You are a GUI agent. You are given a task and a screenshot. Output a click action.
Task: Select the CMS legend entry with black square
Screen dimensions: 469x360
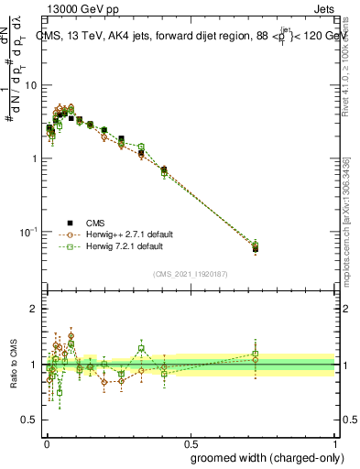click(95, 221)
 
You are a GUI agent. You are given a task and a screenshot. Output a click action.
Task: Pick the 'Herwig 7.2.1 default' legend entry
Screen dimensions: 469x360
click(124, 246)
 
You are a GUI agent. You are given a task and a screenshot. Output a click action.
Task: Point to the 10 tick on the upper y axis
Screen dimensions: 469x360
click(31, 85)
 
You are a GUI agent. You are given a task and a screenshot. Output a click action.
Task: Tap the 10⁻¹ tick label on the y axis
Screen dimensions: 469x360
click(29, 232)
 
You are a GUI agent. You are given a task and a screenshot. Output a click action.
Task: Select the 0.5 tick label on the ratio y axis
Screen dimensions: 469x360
click(31, 420)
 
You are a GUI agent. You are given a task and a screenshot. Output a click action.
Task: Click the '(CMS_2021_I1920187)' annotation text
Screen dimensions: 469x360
click(190, 273)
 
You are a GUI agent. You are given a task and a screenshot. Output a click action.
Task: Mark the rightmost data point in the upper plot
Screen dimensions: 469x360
click(256, 247)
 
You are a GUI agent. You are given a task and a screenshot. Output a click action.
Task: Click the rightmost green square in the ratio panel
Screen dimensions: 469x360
click(256, 354)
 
